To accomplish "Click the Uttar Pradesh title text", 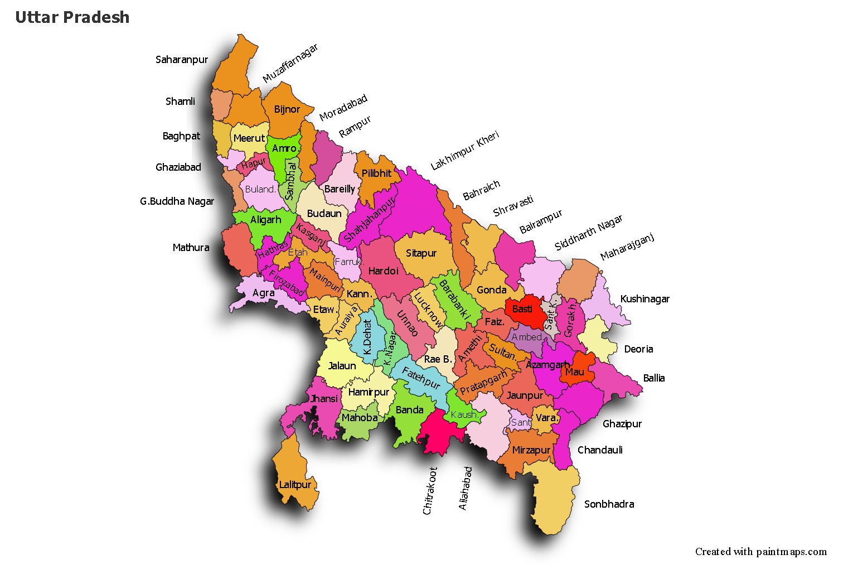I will coord(72,17).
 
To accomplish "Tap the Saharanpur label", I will coord(182,60).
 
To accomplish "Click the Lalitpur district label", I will coord(295,485).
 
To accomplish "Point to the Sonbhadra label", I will coord(609,504).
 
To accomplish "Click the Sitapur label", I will coord(421,253).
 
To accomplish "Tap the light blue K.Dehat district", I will coord(367,337).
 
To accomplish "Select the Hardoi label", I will coord(383,271).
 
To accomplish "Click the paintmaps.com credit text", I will coord(760,552).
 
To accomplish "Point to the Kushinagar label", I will coord(644,299).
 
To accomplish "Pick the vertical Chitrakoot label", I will coord(429,490).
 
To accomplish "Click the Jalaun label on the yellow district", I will coord(342,366).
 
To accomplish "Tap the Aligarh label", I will coord(265,220).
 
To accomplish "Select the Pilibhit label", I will coord(376,173).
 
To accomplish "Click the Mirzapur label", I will coord(531,450).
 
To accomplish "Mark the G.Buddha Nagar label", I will coord(177,201).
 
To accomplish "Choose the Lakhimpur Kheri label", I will coord(465,151).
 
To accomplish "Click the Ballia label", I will coord(653,378).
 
